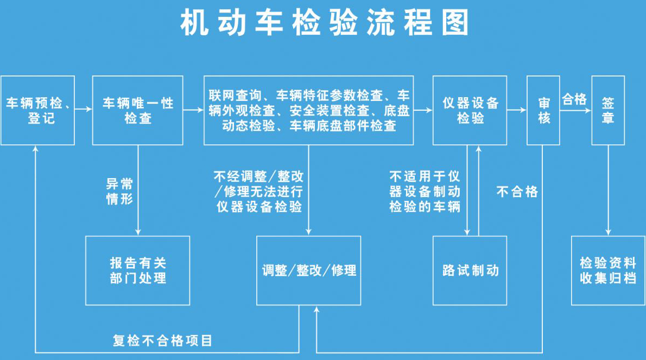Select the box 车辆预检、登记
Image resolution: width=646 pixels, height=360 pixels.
click(x=37, y=110)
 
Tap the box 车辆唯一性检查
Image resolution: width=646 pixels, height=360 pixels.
click(x=138, y=110)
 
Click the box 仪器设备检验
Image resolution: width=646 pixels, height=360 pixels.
click(x=470, y=110)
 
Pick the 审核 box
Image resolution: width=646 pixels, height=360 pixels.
click(x=543, y=110)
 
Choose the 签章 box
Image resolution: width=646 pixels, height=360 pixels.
click(x=608, y=110)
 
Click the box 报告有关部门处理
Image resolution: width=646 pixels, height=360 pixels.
click(x=138, y=270)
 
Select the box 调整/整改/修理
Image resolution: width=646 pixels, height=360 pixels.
click(x=309, y=270)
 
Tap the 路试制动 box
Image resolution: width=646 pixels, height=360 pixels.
click(x=470, y=270)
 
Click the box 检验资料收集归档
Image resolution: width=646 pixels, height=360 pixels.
click(x=608, y=270)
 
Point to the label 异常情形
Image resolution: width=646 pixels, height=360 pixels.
click(x=119, y=191)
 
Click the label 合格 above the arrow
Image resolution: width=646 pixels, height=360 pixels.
click(x=574, y=99)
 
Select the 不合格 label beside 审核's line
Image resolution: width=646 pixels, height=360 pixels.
click(x=517, y=192)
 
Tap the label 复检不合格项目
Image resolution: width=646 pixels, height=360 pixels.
click(x=162, y=340)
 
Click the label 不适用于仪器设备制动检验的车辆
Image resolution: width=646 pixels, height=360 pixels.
click(x=425, y=191)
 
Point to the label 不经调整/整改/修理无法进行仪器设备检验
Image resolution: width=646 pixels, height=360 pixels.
click(x=258, y=191)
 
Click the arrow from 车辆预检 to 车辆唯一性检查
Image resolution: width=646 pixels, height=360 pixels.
click(x=83, y=110)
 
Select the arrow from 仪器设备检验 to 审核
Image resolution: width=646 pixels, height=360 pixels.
click(x=517, y=110)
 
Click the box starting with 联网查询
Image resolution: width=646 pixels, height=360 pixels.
click(x=309, y=110)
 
